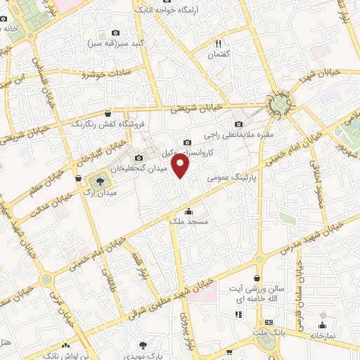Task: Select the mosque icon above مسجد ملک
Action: (x=188, y=212)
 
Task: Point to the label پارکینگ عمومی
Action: (x=229, y=179)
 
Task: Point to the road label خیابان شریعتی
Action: (x=196, y=108)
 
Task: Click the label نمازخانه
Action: (x=324, y=336)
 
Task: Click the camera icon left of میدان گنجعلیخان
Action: (x=139, y=158)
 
